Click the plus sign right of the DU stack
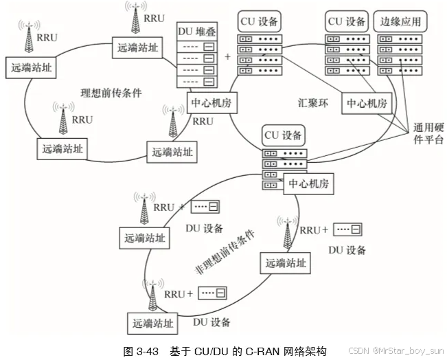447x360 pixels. [x=227, y=56]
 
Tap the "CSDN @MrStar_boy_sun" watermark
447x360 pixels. [x=396, y=350]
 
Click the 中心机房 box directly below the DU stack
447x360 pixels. [x=209, y=103]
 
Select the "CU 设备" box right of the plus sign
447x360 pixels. [x=259, y=21]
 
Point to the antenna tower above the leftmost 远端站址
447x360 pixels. [x=29, y=38]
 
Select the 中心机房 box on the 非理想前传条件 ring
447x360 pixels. [x=308, y=183]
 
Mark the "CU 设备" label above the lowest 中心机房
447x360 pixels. [x=283, y=135]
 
